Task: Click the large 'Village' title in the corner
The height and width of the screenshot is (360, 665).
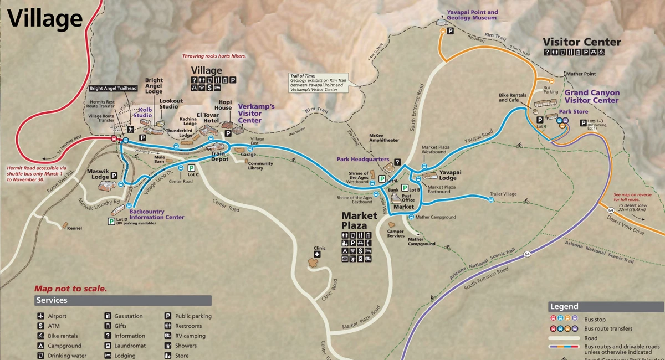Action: point(44,19)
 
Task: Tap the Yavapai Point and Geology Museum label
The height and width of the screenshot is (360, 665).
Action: point(472,15)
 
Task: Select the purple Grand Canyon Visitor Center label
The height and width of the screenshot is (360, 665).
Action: point(591,97)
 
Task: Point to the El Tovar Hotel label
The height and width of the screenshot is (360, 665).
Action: point(208,117)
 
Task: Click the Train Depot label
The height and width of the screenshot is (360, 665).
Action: point(219,156)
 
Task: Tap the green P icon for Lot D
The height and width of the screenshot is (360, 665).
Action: point(111,221)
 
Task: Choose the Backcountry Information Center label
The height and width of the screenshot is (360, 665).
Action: point(156,214)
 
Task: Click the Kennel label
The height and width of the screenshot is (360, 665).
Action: point(74,228)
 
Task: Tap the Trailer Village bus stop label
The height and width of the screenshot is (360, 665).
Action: point(503,194)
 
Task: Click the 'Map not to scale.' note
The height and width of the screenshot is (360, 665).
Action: point(70,289)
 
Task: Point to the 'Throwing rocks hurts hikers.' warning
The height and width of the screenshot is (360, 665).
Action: point(214,56)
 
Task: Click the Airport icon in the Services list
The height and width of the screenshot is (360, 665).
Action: point(41,316)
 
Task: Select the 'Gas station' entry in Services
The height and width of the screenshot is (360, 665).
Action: point(128,316)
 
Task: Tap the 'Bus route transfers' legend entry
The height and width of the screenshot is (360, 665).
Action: point(608,329)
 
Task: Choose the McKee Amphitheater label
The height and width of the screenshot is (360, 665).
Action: point(384,137)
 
